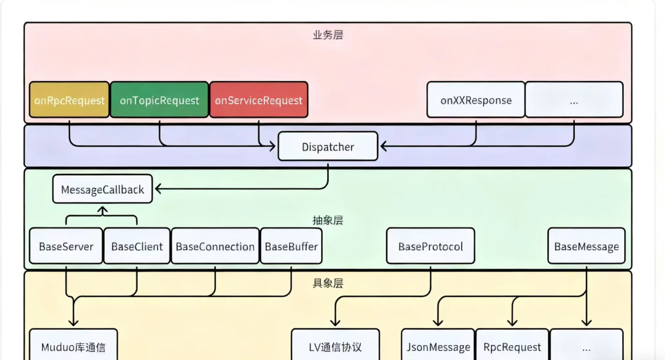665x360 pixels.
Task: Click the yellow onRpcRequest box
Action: tap(69, 100)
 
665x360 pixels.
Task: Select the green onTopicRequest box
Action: tap(159, 100)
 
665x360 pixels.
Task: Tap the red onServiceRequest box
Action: tap(259, 100)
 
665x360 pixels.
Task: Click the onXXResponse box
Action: tap(476, 100)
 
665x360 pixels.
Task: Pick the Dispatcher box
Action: tap(328, 147)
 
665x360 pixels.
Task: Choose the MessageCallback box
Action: tap(102, 189)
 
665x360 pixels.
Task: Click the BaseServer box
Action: tap(66, 246)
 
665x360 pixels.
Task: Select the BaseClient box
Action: tap(137, 246)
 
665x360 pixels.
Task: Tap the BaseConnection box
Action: tap(215, 246)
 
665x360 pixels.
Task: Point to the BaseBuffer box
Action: tap(291, 246)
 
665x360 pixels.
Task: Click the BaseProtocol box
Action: tap(430, 246)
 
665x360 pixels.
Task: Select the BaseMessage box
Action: tap(586, 246)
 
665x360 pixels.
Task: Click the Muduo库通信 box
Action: tap(73, 347)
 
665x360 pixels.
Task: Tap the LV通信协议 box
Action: tap(335, 347)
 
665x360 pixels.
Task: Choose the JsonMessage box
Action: tap(438, 347)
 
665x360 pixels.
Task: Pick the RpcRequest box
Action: tap(512, 347)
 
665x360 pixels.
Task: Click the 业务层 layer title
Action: tap(328, 35)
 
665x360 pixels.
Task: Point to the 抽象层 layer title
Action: tap(328, 220)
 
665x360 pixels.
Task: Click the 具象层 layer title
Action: tap(328, 283)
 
